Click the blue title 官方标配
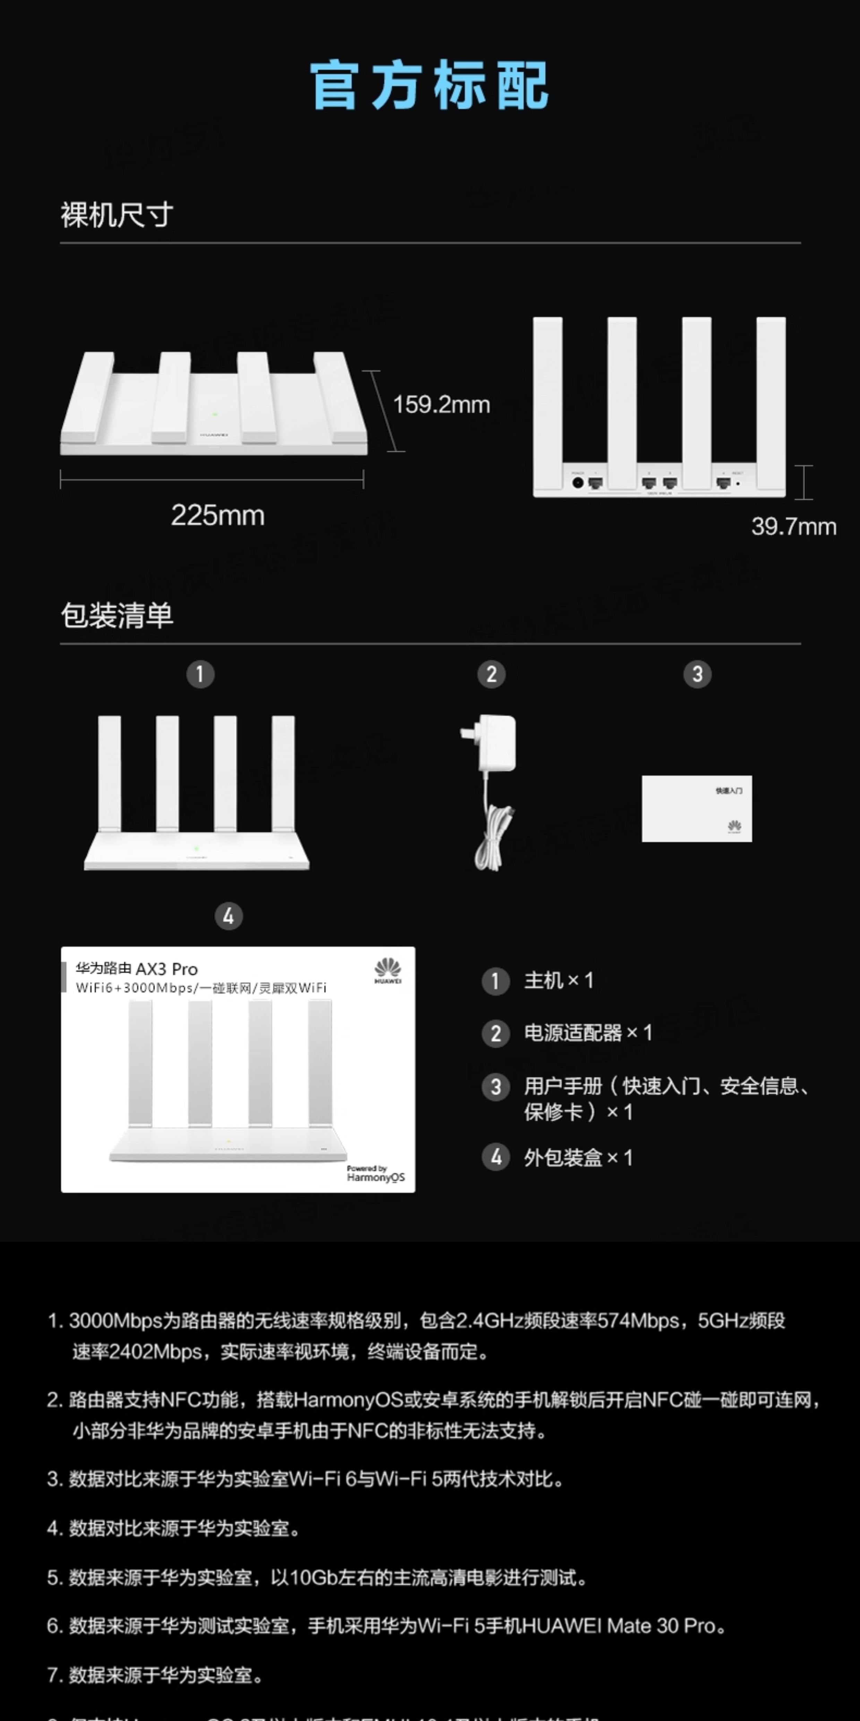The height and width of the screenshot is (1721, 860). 429,85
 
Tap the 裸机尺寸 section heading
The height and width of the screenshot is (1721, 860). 117,215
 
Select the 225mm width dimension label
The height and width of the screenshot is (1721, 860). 218,515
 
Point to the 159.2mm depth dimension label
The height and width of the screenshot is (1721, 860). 441,404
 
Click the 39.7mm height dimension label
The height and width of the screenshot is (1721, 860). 793,526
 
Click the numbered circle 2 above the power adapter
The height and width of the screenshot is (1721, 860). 491,674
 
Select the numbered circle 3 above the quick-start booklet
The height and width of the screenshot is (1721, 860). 697,674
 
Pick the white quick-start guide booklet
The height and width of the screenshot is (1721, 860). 696,808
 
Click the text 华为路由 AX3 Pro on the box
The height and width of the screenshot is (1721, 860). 137,969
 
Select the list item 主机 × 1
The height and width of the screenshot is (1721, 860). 558,981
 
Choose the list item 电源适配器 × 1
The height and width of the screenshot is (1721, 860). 587,1033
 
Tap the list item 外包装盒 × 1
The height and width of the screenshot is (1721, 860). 578,1158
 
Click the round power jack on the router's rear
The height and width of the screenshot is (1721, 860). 578,482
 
